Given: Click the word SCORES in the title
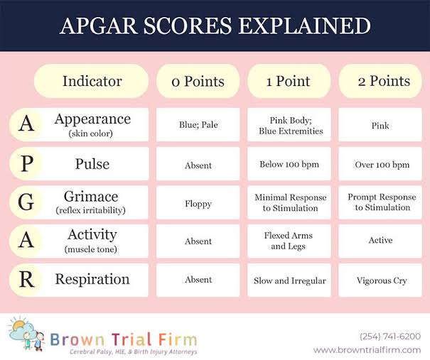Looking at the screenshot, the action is point(188,26).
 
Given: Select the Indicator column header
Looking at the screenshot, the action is point(91,81).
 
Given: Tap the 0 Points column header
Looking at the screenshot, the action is point(198,81).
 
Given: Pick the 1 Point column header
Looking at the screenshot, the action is point(289,81).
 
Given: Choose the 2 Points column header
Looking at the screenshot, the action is point(380,81).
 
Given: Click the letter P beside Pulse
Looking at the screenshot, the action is point(27,164).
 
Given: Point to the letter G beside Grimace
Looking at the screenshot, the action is point(26,202).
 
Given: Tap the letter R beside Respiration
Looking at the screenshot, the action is point(26,280).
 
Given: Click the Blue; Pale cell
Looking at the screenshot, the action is point(198,125).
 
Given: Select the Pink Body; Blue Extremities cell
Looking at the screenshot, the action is point(289,125).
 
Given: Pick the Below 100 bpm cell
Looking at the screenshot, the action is point(289,164).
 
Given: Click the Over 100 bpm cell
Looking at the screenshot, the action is point(380,164).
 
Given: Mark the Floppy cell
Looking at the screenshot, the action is point(198,202).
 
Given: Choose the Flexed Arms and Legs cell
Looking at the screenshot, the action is point(289,241).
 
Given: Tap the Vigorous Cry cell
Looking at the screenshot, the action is point(380,280).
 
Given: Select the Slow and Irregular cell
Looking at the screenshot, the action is point(289,280).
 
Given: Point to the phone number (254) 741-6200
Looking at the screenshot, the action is point(390,336).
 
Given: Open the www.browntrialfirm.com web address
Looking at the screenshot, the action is point(367,350).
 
